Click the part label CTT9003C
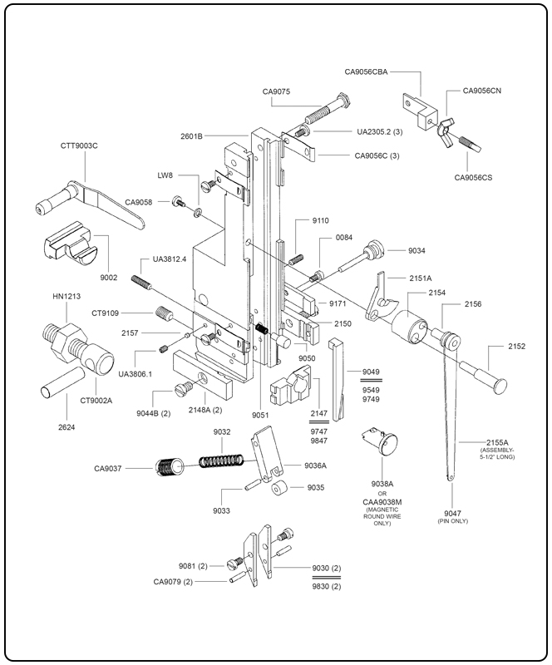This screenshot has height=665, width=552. (79, 146)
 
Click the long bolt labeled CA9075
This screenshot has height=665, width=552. (329, 109)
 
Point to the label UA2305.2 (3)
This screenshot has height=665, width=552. (380, 132)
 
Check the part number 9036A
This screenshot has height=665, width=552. (315, 465)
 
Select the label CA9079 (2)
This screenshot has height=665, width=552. (173, 581)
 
